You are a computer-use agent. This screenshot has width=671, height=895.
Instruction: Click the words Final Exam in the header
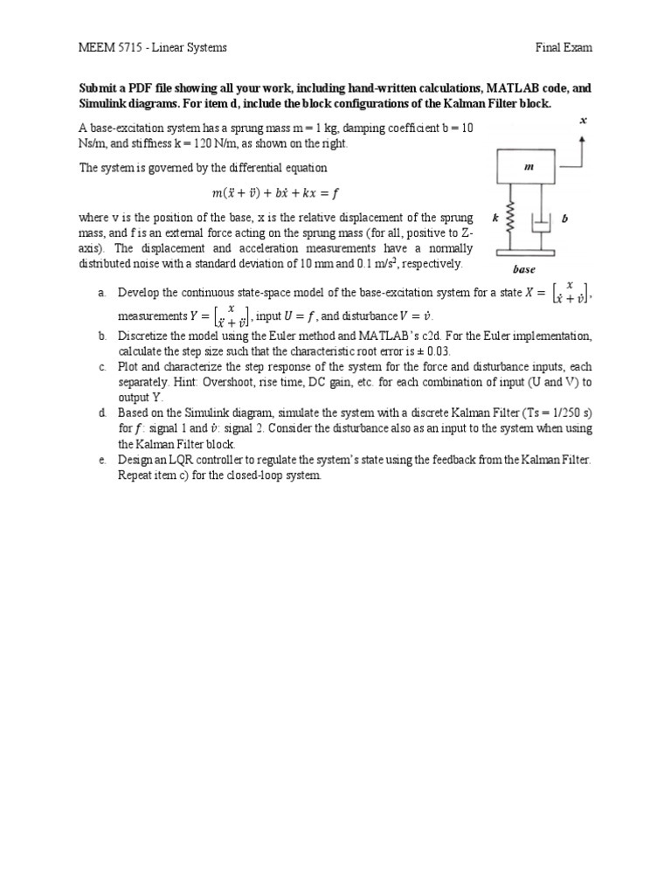(564, 47)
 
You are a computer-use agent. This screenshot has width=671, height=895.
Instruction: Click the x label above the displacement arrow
(583, 121)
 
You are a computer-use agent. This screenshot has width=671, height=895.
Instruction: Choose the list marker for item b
(102, 336)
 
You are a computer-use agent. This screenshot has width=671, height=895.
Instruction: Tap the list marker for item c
(102, 366)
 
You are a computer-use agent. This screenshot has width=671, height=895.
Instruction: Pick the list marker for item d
(102, 412)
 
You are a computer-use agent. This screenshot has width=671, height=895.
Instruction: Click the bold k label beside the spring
(495, 219)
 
